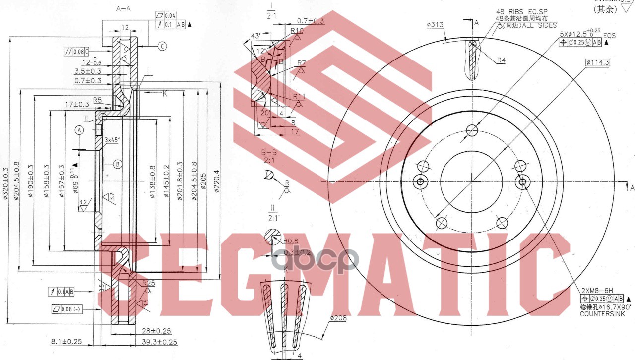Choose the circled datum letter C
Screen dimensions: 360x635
coord(162,46)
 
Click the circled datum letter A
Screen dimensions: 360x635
coord(78,130)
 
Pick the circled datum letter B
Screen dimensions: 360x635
coord(117,164)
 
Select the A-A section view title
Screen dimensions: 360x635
coord(124,9)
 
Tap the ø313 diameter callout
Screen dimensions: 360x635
coord(435,24)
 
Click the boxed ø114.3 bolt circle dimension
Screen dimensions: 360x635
coord(597,62)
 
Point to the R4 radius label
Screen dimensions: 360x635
coord(501,60)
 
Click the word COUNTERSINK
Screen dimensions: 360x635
coord(602,314)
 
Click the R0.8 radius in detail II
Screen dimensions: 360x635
coord(291,241)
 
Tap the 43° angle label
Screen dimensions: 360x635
coord(256,36)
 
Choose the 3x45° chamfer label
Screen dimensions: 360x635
coord(113,140)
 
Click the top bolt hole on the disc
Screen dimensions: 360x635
coord(472,131)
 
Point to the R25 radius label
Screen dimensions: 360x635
coord(148,283)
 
